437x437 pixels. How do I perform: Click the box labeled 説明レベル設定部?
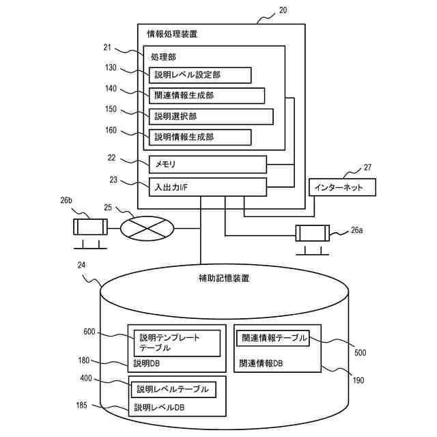[x=200, y=75]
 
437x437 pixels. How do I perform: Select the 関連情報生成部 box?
[x=207, y=96]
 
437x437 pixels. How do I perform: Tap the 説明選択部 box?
[x=211, y=117]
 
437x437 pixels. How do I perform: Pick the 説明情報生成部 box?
[x=200, y=137]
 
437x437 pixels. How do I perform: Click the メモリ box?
[x=208, y=165]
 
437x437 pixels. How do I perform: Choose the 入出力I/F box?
[x=208, y=187]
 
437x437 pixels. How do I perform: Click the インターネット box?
[x=342, y=187]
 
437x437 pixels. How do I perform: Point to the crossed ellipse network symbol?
[x=147, y=229]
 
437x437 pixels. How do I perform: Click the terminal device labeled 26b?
[x=90, y=234]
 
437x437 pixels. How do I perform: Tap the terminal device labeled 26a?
[x=313, y=240]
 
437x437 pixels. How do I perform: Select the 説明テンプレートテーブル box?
[x=177, y=343]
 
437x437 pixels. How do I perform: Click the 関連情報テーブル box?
[x=273, y=338]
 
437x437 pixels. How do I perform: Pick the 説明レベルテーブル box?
[x=173, y=389]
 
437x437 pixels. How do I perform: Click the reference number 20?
[x=283, y=10]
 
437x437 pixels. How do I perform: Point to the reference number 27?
[x=367, y=167]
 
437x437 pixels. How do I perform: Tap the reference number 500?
[x=360, y=352]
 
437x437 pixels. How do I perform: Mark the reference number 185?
[x=82, y=405]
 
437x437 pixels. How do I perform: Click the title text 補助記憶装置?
[x=224, y=278]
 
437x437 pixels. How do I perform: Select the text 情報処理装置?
[x=172, y=34]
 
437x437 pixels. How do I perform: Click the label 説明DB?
[x=147, y=363]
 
